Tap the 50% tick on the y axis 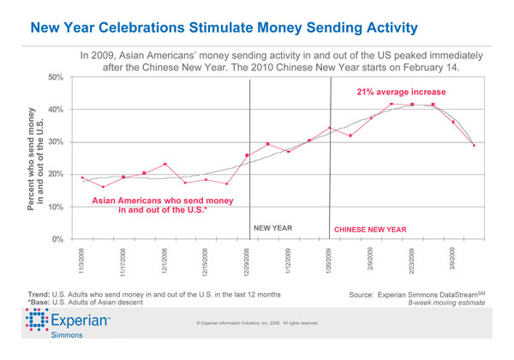tap(57, 78)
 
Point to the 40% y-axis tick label tap(57, 110)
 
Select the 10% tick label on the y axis tap(57, 207)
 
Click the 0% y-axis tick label tap(58, 239)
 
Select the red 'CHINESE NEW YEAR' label tap(369, 230)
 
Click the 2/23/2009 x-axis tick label tap(412, 260)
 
